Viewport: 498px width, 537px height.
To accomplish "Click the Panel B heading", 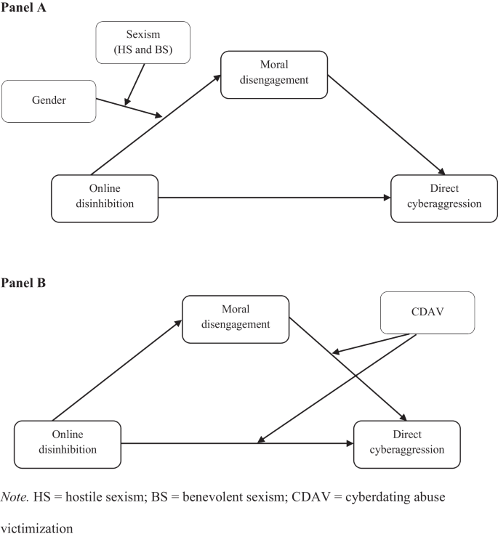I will click(x=25, y=283).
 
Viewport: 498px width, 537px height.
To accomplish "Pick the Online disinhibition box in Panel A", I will click(x=105, y=198).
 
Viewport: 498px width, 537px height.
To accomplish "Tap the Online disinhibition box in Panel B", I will click(x=67, y=443).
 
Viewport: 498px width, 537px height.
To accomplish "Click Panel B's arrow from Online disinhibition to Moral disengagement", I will click(x=116, y=371).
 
